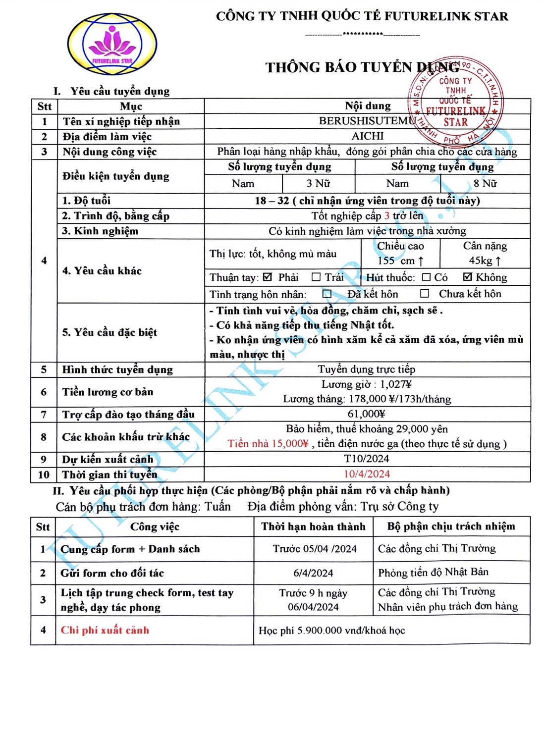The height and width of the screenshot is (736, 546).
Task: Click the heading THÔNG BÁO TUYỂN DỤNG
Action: pyautogui.click(x=362, y=67)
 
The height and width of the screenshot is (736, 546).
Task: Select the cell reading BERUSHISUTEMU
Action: pyautogui.click(x=367, y=121)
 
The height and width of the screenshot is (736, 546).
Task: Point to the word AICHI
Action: pyautogui.click(x=368, y=136)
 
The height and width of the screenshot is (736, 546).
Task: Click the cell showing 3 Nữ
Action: pyautogui.click(x=318, y=184)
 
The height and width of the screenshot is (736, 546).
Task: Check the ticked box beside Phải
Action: pyautogui.click(x=268, y=277)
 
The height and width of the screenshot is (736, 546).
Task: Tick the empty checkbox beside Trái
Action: pyautogui.click(x=316, y=277)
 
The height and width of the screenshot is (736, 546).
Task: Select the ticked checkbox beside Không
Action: pyautogui.click(x=467, y=277)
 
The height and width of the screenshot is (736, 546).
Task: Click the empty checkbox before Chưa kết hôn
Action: pyautogui.click(x=425, y=294)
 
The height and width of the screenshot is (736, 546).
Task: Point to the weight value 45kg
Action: pyautogui.click(x=485, y=261)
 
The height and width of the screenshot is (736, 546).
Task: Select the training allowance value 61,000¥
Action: pyautogui.click(x=367, y=414)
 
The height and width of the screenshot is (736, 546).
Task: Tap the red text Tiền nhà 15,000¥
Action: pyautogui.click(x=268, y=444)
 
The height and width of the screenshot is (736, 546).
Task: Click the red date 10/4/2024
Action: pyautogui.click(x=367, y=474)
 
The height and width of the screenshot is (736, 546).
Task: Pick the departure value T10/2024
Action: pyautogui.click(x=367, y=459)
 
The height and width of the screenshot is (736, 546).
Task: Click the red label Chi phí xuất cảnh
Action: pyautogui.click(x=105, y=631)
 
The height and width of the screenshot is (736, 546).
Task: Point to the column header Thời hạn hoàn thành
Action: pyautogui.click(x=313, y=526)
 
